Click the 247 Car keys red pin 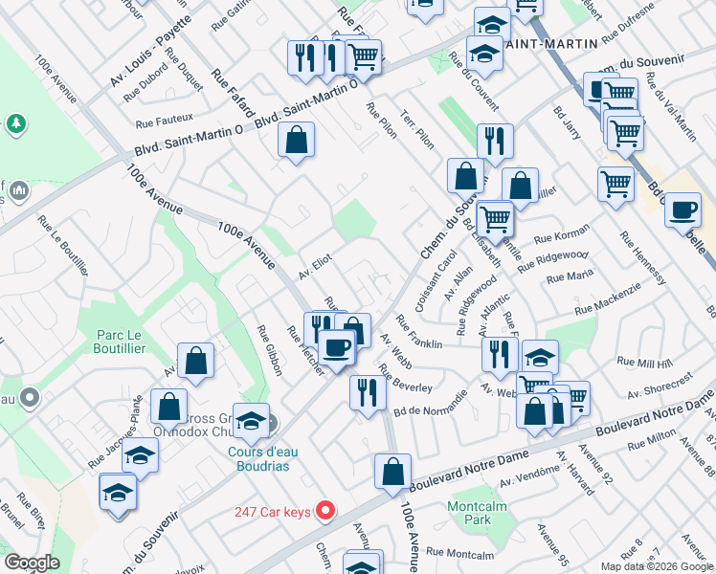pos(325,511)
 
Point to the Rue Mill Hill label pos(645,363)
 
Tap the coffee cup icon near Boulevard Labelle pos(682,211)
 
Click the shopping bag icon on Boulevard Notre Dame pos(392,473)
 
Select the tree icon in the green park pos(15,123)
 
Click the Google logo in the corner pos(32,562)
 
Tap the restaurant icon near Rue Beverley pos(367,391)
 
